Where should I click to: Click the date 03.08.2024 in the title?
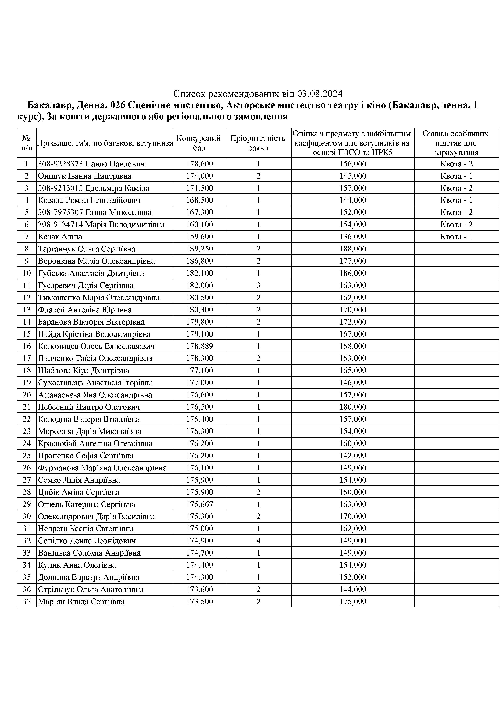point(320,93)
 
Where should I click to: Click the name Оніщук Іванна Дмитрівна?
point(85,176)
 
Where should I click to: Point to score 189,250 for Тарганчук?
point(199,249)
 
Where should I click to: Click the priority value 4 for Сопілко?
point(258,540)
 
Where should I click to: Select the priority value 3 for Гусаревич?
point(258,285)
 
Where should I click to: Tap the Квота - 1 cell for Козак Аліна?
point(456,237)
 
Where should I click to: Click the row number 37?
point(27,601)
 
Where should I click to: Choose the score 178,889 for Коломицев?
point(199,346)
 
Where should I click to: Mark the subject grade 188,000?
point(353,249)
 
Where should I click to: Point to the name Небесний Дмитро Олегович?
point(89,407)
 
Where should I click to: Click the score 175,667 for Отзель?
point(199,504)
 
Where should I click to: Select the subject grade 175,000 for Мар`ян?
point(353,601)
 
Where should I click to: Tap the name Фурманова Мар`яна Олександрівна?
point(102,468)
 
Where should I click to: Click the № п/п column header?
point(27,143)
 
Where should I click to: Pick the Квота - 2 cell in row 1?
point(456,164)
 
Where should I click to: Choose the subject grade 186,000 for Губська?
point(353,273)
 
